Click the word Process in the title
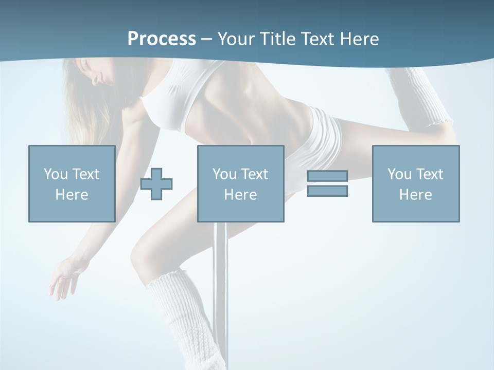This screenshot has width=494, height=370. click(x=162, y=39)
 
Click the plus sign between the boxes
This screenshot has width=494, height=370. click(x=156, y=184)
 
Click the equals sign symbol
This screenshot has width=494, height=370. click(x=327, y=183)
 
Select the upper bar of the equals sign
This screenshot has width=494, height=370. click(x=327, y=176)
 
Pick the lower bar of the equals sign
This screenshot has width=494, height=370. click(x=327, y=191)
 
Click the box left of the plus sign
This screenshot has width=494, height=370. click(x=72, y=183)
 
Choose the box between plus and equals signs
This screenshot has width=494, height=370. click(x=240, y=183)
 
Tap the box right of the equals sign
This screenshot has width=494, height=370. click(x=415, y=183)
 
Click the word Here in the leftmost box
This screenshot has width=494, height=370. click(x=72, y=195)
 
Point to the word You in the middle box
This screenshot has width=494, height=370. click(x=224, y=174)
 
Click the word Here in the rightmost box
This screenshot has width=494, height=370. click(x=415, y=195)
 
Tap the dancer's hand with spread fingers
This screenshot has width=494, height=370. click(x=64, y=277)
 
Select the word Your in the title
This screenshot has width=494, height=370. click(x=236, y=39)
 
